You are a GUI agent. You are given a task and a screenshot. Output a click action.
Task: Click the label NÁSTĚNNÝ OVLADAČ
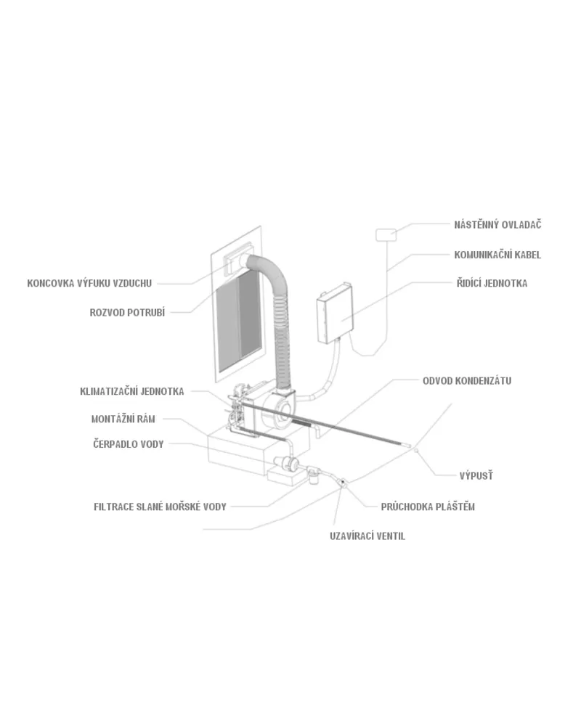497,225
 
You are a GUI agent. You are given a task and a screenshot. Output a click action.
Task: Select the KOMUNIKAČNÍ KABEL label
497,255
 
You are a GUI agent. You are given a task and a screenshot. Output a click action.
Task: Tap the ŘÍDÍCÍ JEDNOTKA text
492,283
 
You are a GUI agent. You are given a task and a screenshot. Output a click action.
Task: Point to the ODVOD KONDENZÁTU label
467,381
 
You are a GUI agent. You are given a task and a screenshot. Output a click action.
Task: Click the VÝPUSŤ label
476,475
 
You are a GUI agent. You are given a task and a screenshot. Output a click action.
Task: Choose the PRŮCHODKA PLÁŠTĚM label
428,507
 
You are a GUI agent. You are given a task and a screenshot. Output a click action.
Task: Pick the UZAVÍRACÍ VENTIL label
367,536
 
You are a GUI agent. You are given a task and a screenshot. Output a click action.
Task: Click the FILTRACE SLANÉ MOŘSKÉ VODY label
160,507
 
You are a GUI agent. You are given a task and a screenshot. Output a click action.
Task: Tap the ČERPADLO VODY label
128,444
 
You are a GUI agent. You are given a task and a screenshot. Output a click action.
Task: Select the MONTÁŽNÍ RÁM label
123,419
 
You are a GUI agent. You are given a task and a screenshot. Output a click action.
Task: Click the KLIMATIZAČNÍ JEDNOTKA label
132,392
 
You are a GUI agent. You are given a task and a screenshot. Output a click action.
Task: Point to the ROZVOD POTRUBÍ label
127,313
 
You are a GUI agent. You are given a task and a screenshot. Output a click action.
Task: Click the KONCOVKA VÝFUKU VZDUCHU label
89,284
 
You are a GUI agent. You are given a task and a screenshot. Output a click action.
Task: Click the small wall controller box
386,234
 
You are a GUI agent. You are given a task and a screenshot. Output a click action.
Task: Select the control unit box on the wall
336,313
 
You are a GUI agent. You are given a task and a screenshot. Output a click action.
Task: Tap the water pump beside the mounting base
286,463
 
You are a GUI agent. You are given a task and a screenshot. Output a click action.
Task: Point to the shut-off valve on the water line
344,483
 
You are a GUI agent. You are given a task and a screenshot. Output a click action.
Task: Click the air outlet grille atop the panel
239,260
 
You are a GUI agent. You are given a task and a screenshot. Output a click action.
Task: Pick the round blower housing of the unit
277,411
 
